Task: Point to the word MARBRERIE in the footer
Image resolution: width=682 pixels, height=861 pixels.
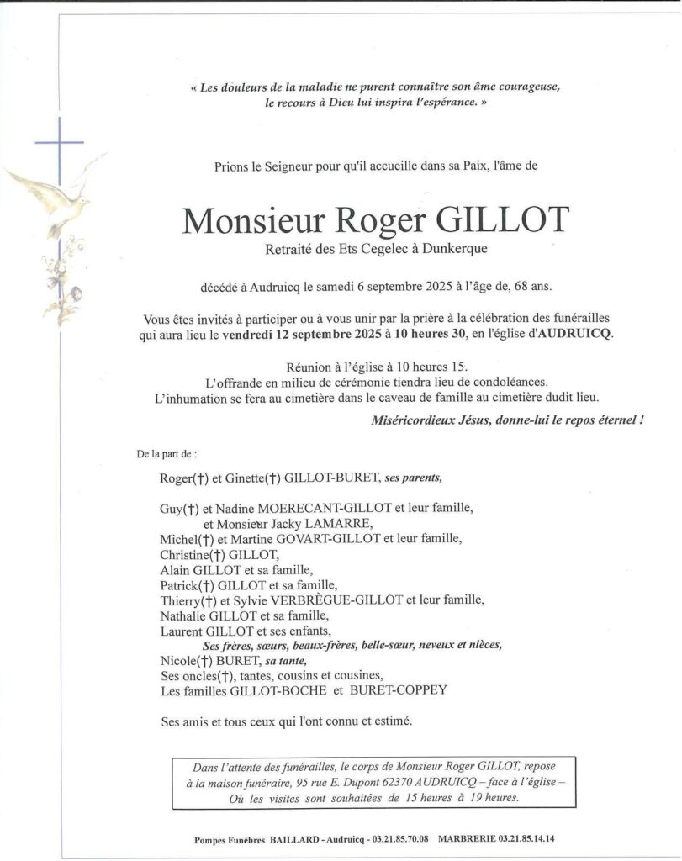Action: click(x=466, y=838)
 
